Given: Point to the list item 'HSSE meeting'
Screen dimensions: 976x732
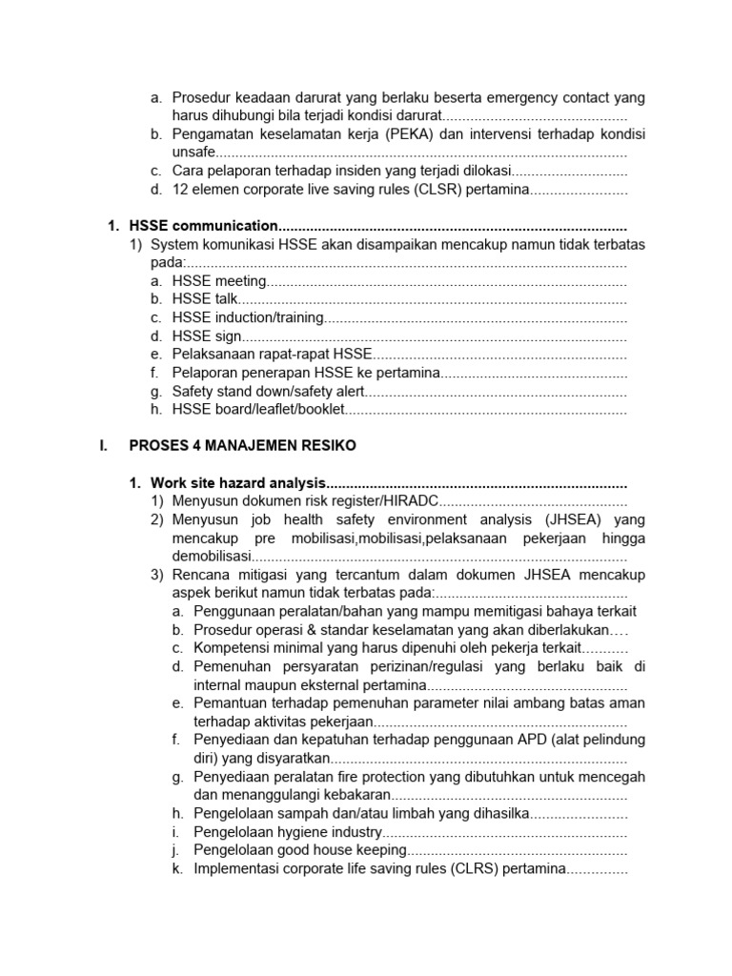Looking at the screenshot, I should click(x=218, y=281).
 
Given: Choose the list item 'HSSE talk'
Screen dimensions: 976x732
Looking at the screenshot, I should click(x=205, y=299).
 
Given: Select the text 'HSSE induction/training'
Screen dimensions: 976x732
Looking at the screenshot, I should click(x=248, y=317).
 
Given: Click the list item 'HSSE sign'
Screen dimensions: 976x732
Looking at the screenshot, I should click(x=207, y=336).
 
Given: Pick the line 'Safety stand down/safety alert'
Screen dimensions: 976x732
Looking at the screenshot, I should click(x=268, y=392).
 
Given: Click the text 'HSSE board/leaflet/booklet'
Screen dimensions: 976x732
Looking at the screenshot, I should click(x=257, y=410).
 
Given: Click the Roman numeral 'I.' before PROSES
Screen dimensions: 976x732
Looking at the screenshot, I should click(x=104, y=446).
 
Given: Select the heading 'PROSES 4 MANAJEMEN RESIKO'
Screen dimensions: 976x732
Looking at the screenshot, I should click(x=242, y=446).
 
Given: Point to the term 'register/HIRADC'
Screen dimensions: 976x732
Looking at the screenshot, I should click(x=386, y=501).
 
